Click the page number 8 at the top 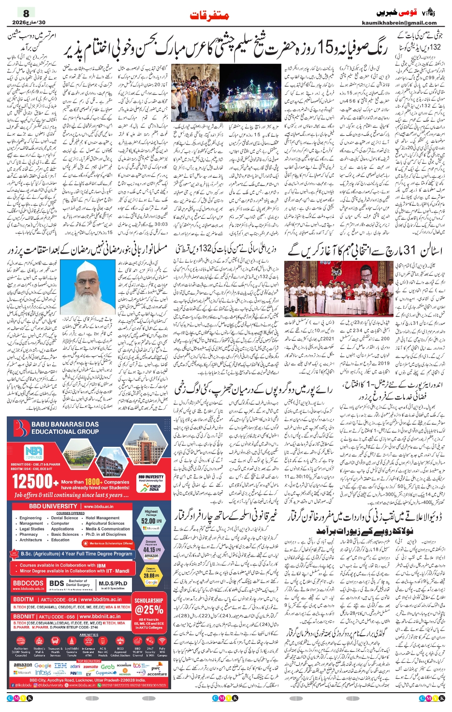(26, 13)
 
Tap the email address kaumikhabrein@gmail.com (399, 23)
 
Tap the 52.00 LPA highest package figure (151, 521)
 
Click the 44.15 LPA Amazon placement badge (151, 549)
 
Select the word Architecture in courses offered (30, 540)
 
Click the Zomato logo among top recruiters (90, 666)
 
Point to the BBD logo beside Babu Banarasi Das (21, 427)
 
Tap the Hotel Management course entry (102, 518)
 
